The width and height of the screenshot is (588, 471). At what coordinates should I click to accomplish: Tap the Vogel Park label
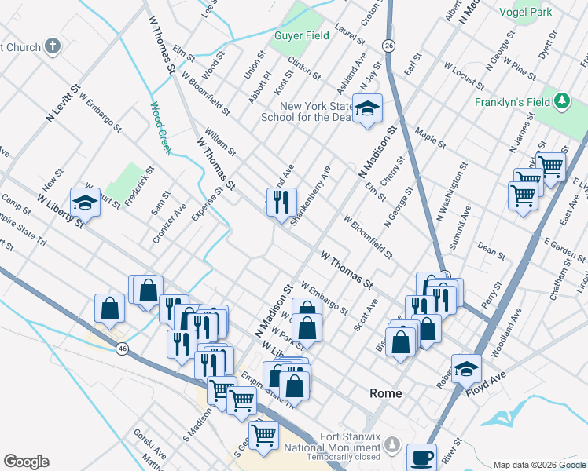(x=526, y=12)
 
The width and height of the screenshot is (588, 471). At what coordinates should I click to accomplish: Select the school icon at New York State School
(x=366, y=109)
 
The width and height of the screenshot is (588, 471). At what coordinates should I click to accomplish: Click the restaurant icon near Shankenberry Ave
(x=281, y=202)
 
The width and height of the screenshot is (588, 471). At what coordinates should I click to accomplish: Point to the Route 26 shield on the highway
(x=388, y=46)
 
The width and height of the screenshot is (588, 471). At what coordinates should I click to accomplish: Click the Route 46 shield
(x=121, y=348)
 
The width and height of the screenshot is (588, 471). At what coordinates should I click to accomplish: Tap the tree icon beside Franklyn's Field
(x=561, y=101)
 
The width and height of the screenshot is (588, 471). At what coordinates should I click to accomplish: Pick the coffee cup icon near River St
(x=421, y=457)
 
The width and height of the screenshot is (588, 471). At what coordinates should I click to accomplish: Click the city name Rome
(x=385, y=393)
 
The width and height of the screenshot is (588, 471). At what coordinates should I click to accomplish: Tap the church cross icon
(x=53, y=46)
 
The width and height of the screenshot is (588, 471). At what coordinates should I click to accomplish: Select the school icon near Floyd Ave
(x=466, y=367)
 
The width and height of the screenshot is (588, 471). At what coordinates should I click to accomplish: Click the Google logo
(x=26, y=462)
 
